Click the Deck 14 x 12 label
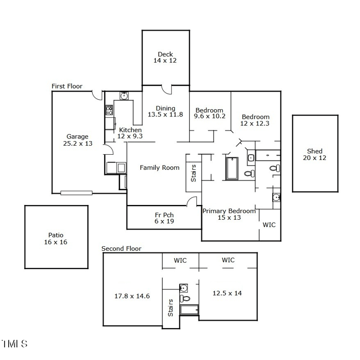point(165,58)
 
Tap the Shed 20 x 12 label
point(315,155)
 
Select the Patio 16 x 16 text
point(56,238)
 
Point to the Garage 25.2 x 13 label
point(77,140)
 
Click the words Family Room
point(159,168)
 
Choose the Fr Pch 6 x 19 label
point(164,218)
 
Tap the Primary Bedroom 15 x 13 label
point(229,214)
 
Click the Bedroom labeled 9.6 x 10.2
point(209,113)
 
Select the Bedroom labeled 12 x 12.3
point(255,120)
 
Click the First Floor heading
point(67,86)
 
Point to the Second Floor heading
point(121,249)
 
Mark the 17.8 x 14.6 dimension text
point(132,296)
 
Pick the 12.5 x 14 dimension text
point(227,293)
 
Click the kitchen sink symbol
point(124,95)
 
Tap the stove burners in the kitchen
point(109,110)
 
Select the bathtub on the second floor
point(189,310)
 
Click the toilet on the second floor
point(185,298)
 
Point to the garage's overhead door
point(76,193)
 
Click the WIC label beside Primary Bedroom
point(269,224)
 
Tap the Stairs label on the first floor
point(193,173)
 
